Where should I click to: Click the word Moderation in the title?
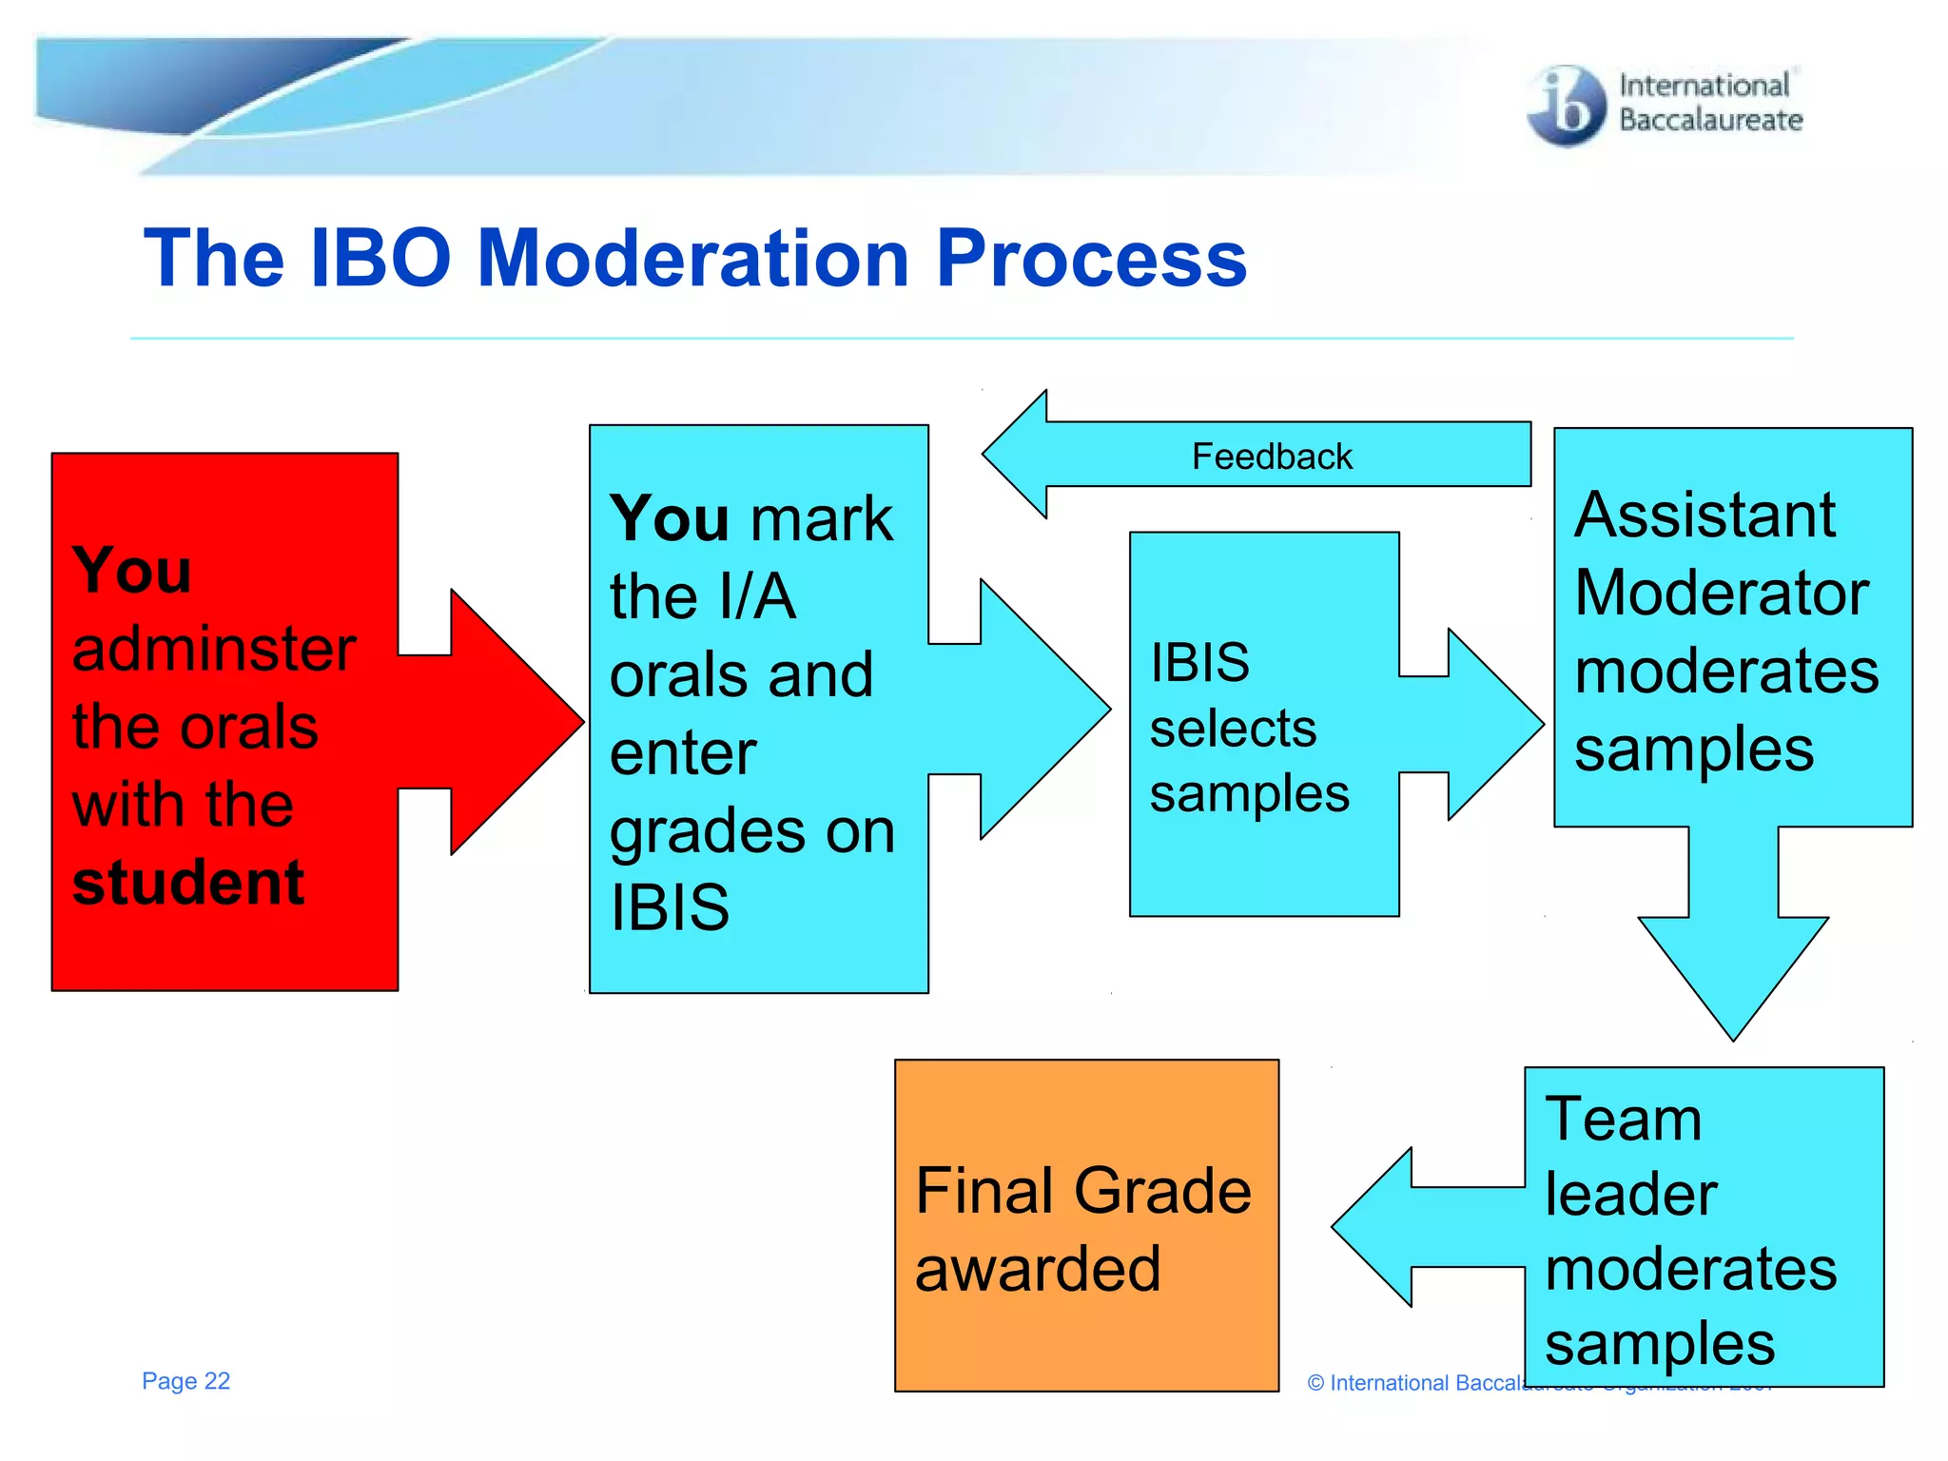[x=692, y=259]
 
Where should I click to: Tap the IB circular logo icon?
[x=1566, y=106]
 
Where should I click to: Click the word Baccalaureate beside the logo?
[x=1710, y=121]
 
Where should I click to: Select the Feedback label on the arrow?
[x=1271, y=457]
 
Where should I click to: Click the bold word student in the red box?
[x=188, y=883]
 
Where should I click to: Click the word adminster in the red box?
[x=214, y=650]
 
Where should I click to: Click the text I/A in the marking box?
[x=757, y=597]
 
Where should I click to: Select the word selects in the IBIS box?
[x=1233, y=730]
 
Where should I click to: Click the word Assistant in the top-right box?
[x=1704, y=516]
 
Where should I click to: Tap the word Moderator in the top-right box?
[x=1722, y=594]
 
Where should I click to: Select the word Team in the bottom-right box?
[x=1623, y=1119]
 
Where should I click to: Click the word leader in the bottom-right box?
[x=1630, y=1195]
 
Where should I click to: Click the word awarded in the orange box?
[x=1038, y=1270]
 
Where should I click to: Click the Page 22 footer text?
[x=185, y=1381]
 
